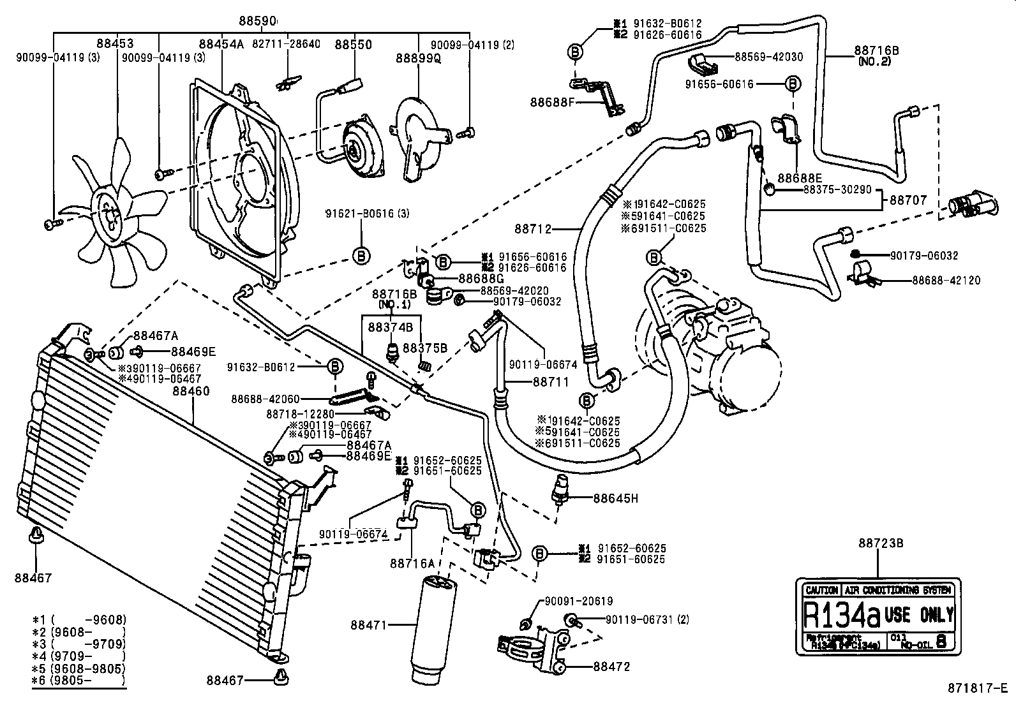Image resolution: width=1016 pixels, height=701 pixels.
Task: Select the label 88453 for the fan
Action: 116,44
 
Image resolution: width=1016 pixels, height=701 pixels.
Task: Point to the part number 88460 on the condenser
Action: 190,391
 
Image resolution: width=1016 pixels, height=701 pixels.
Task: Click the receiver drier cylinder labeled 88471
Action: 435,628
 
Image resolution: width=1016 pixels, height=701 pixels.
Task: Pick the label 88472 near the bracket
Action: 611,667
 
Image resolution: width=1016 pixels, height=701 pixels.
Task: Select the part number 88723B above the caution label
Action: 881,543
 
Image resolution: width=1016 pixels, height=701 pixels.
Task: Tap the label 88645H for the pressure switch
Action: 615,498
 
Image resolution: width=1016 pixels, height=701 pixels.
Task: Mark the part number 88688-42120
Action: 946,280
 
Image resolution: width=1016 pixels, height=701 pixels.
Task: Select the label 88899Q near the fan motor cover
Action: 418,58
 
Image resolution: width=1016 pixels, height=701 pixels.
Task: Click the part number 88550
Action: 354,45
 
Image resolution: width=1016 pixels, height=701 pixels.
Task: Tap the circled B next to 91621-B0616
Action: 361,256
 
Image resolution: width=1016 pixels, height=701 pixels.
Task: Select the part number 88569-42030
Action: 768,57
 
